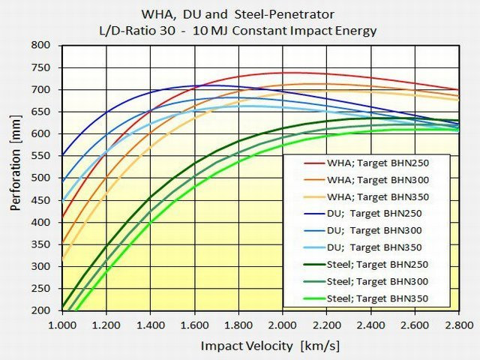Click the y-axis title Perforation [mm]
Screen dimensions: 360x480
pos(16,178)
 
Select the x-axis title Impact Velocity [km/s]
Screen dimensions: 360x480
pos(259,346)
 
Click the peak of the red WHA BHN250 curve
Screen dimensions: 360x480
pos(283,73)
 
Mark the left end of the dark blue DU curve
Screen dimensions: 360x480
pos(62,155)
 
